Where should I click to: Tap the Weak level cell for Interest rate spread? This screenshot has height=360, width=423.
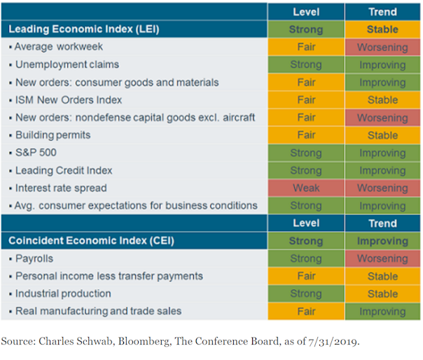click(x=306, y=188)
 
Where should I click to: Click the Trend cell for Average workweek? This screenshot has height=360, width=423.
click(x=382, y=47)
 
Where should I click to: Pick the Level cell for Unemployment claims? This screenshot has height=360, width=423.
click(x=306, y=64)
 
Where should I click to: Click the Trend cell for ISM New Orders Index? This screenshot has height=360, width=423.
click(x=382, y=100)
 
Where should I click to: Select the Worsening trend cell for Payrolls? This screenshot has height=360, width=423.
click(x=382, y=258)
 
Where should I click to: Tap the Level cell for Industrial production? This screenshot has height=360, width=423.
click(x=306, y=293)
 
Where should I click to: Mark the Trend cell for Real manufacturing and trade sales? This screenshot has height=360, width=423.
click(x=382, y=311)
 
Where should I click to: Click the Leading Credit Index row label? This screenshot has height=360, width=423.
click(x=63, y=170)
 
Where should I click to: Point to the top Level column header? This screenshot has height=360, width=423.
click(x=306, y=12)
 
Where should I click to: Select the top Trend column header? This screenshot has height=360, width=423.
click(x=382, y=12)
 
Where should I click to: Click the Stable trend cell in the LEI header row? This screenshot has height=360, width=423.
click(x=382, y=29)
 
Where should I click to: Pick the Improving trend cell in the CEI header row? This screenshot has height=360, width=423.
click(x=382, y=241)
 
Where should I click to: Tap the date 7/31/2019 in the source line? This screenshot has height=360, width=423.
click(x=330, y=342)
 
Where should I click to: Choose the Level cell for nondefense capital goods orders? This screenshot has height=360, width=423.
click(x=306, y=118)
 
